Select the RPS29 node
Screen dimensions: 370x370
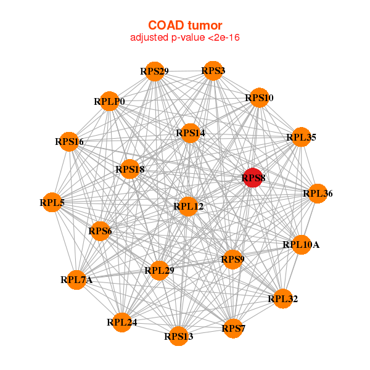[154, 72]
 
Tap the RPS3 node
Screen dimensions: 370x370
[213, 70]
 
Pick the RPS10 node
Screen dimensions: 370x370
[259, 98]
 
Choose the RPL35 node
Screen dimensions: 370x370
[301, 138]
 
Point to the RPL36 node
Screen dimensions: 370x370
[318, 194]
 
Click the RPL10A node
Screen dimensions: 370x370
[301, 245]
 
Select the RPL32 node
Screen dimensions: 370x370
[282, 299]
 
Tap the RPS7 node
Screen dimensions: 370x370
[234, 327]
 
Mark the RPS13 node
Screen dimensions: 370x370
[178, 336]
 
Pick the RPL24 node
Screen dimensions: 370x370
[122, 322]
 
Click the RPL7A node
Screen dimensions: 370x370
[76, 280]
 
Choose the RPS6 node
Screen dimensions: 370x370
[100, 231]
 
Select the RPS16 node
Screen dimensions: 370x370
[69, 142]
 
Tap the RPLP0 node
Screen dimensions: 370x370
[109, 101]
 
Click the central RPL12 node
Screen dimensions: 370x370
[188, 206]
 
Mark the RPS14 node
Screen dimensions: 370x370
[190, 133]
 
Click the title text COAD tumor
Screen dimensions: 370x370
[185, 25]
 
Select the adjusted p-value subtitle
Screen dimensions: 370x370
[185, 38]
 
